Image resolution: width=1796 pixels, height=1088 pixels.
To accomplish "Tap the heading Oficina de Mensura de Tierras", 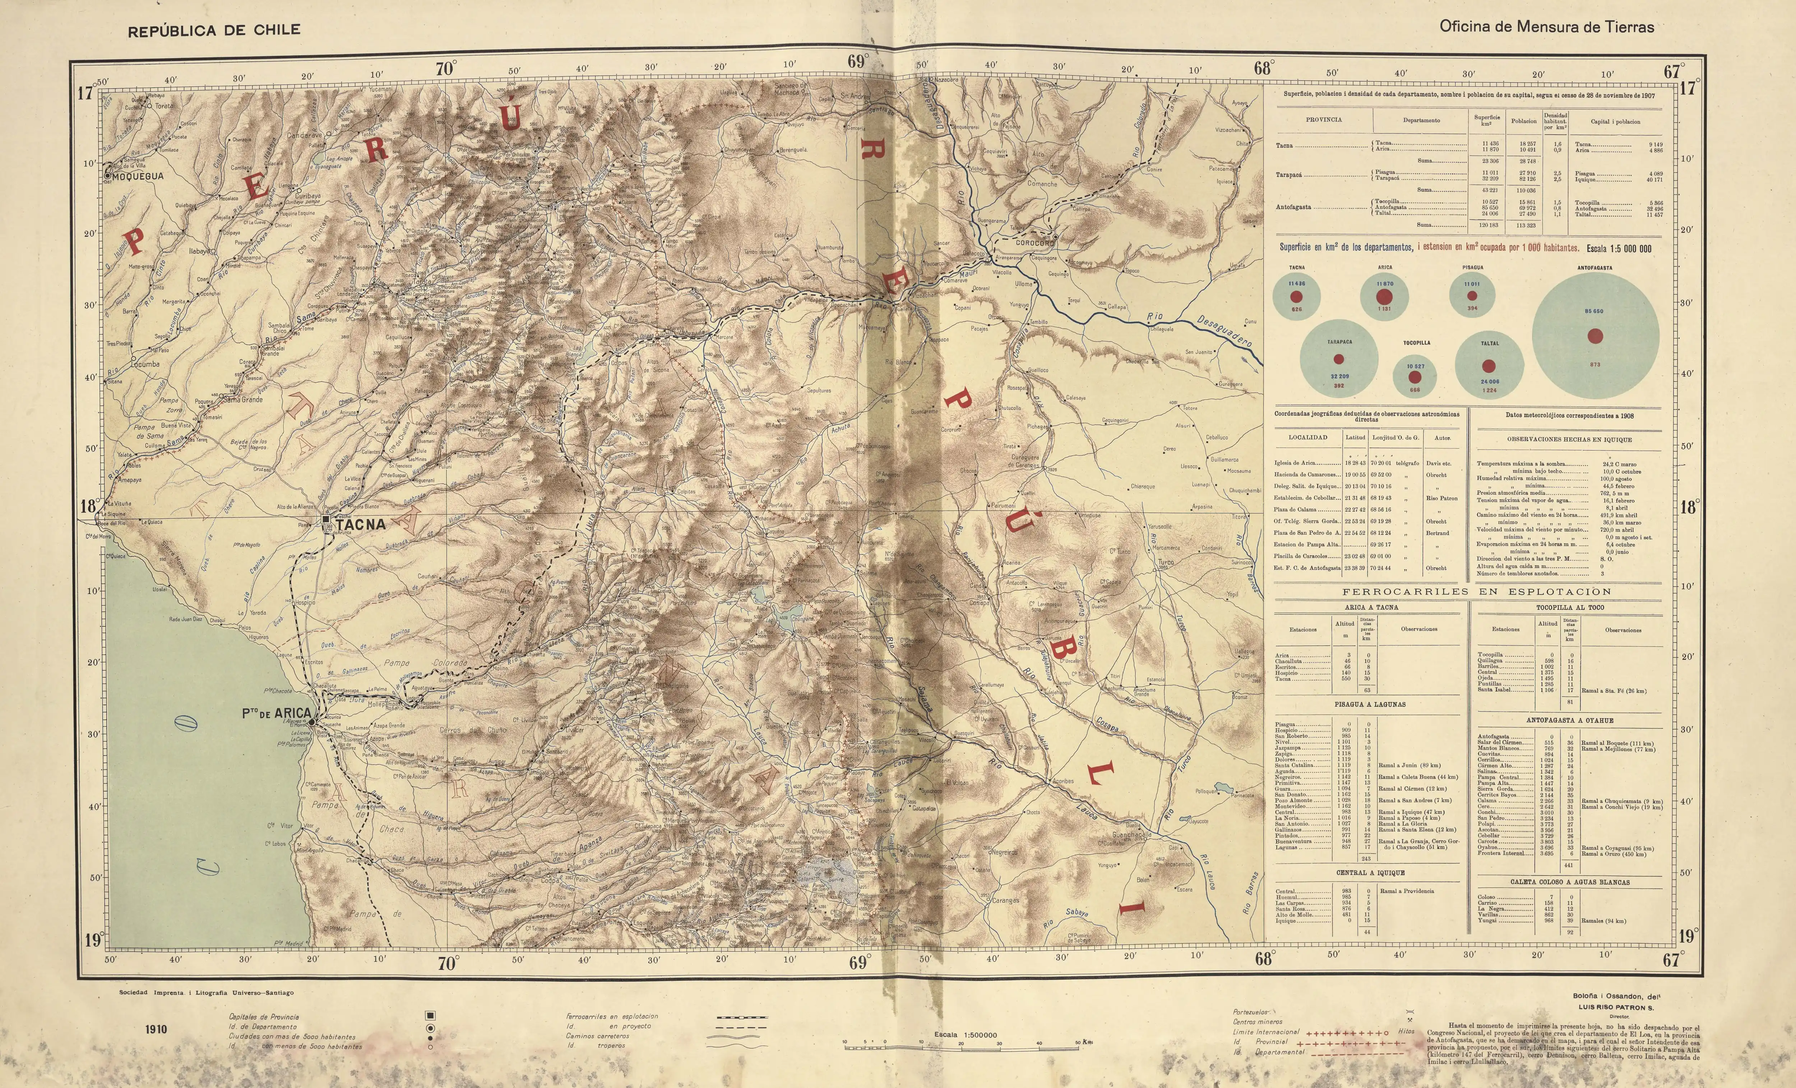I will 1546,27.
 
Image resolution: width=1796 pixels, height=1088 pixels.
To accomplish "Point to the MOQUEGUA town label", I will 139,176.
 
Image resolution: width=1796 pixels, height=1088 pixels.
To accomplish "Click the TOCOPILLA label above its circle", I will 1416,343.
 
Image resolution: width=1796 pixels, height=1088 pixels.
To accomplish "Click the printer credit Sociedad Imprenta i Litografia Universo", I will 206,992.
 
